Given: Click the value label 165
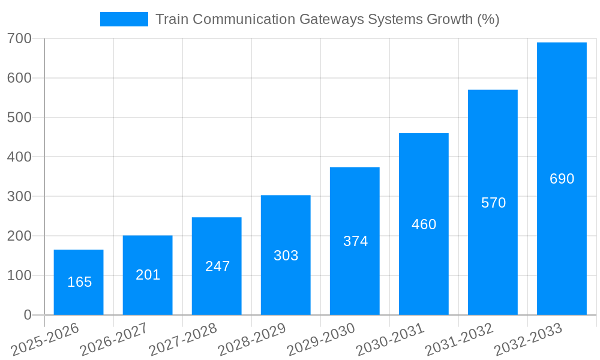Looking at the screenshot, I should pyautogui.click(x=79, y=282).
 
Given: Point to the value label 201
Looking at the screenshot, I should pyautogui.click(x=148, y=275).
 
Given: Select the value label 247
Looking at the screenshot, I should pyautogui.click(x=217, y=266).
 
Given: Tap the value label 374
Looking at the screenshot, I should pyautogui.click(x=355, y=241).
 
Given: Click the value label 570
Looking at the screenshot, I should pyautogui.click(x=493, y=203).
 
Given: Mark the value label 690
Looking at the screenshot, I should pyautogui.click(x=562, y=179).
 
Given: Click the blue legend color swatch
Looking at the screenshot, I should pyautogui.click(x=124, y=19).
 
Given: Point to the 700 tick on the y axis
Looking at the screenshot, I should pyautogui.click(x=19, y=39).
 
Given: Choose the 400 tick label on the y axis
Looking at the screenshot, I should pyautogui.click(x=19, y=157).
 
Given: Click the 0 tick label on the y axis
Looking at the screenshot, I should pyautogui.click(x=28, y=315).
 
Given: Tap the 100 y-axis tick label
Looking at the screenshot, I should pyautogui.click(x=19, y=276).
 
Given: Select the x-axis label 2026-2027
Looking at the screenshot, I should pyautogui.click(x=113, y=340).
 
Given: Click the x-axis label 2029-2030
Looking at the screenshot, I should pyautogui.click(x=320, y=340).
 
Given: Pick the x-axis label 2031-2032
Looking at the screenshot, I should pyautogui.click(x=458, y=340).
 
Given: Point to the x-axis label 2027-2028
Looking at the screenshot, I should pyautogui.click(x=182, y=340).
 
